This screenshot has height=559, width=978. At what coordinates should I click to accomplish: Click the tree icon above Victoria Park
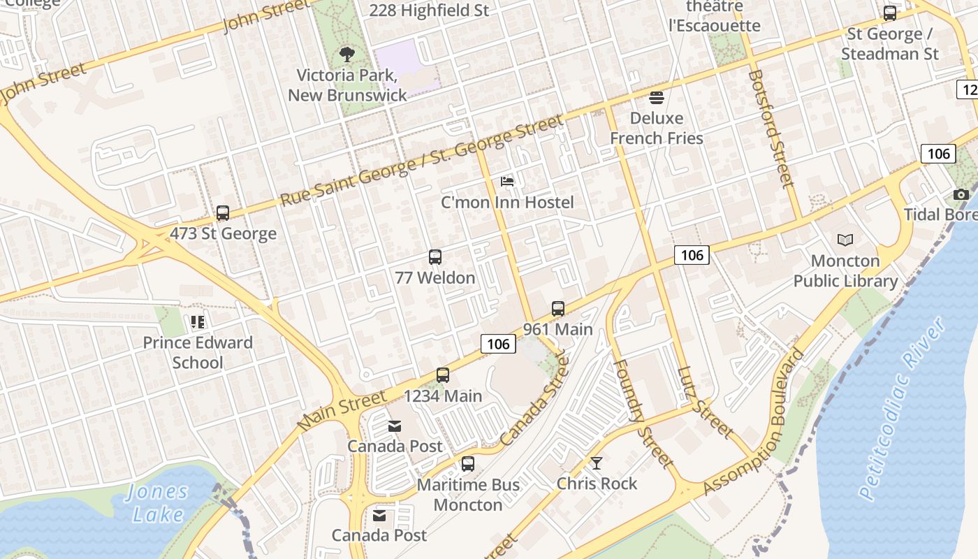click(x=346, y=55)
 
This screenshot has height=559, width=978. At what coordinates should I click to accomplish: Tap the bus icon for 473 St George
click(x=223, y=213)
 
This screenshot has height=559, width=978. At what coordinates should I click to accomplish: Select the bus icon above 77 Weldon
click(x=435, y=257)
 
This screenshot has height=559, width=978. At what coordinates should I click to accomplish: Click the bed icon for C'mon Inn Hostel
click(x=508, y=182)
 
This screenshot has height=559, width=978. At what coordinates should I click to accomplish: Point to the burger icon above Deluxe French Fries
click(x=656, y=97)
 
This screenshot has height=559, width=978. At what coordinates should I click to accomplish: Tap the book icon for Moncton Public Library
click(x=845, y=240)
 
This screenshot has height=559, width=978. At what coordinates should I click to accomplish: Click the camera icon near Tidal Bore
click(x=961, y=194)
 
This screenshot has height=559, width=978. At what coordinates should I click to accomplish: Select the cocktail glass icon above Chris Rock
click(x=597, y=463)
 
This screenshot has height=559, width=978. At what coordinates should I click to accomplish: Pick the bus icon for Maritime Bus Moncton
click(x=468, y=464)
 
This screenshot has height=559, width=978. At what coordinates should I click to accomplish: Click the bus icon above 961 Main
click(x=557, y=309)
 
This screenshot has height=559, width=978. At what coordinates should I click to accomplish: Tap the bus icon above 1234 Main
click(x=442, y=375)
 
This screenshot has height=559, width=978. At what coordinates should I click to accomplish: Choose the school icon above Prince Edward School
click(x=198, y=322)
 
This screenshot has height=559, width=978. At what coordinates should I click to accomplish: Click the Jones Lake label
click(x=158, y=503)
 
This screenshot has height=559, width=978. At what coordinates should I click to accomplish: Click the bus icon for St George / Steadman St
click(x=890, y=13)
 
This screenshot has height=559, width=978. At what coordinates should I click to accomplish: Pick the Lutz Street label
click(x=705, y=403)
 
